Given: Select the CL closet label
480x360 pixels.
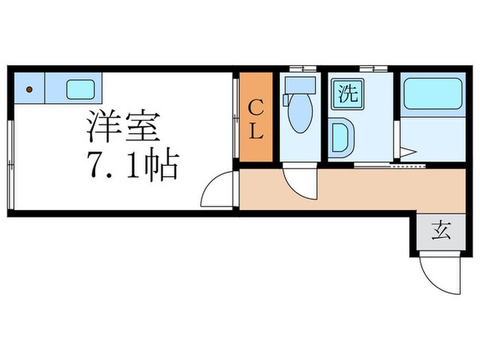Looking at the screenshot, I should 256,119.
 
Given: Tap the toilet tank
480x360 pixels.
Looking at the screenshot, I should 300,85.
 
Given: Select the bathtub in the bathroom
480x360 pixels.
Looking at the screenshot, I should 432,93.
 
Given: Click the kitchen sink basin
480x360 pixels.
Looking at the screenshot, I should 80,89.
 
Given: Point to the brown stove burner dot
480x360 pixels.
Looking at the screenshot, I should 29,89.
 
